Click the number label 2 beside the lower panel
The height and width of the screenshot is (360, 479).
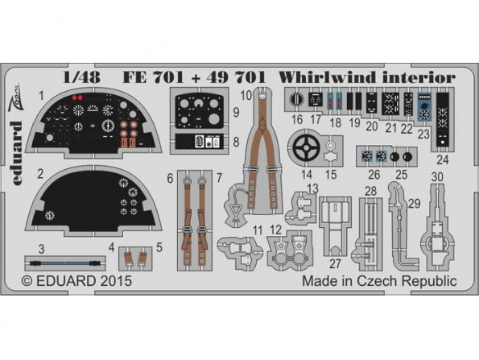point(39,173)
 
